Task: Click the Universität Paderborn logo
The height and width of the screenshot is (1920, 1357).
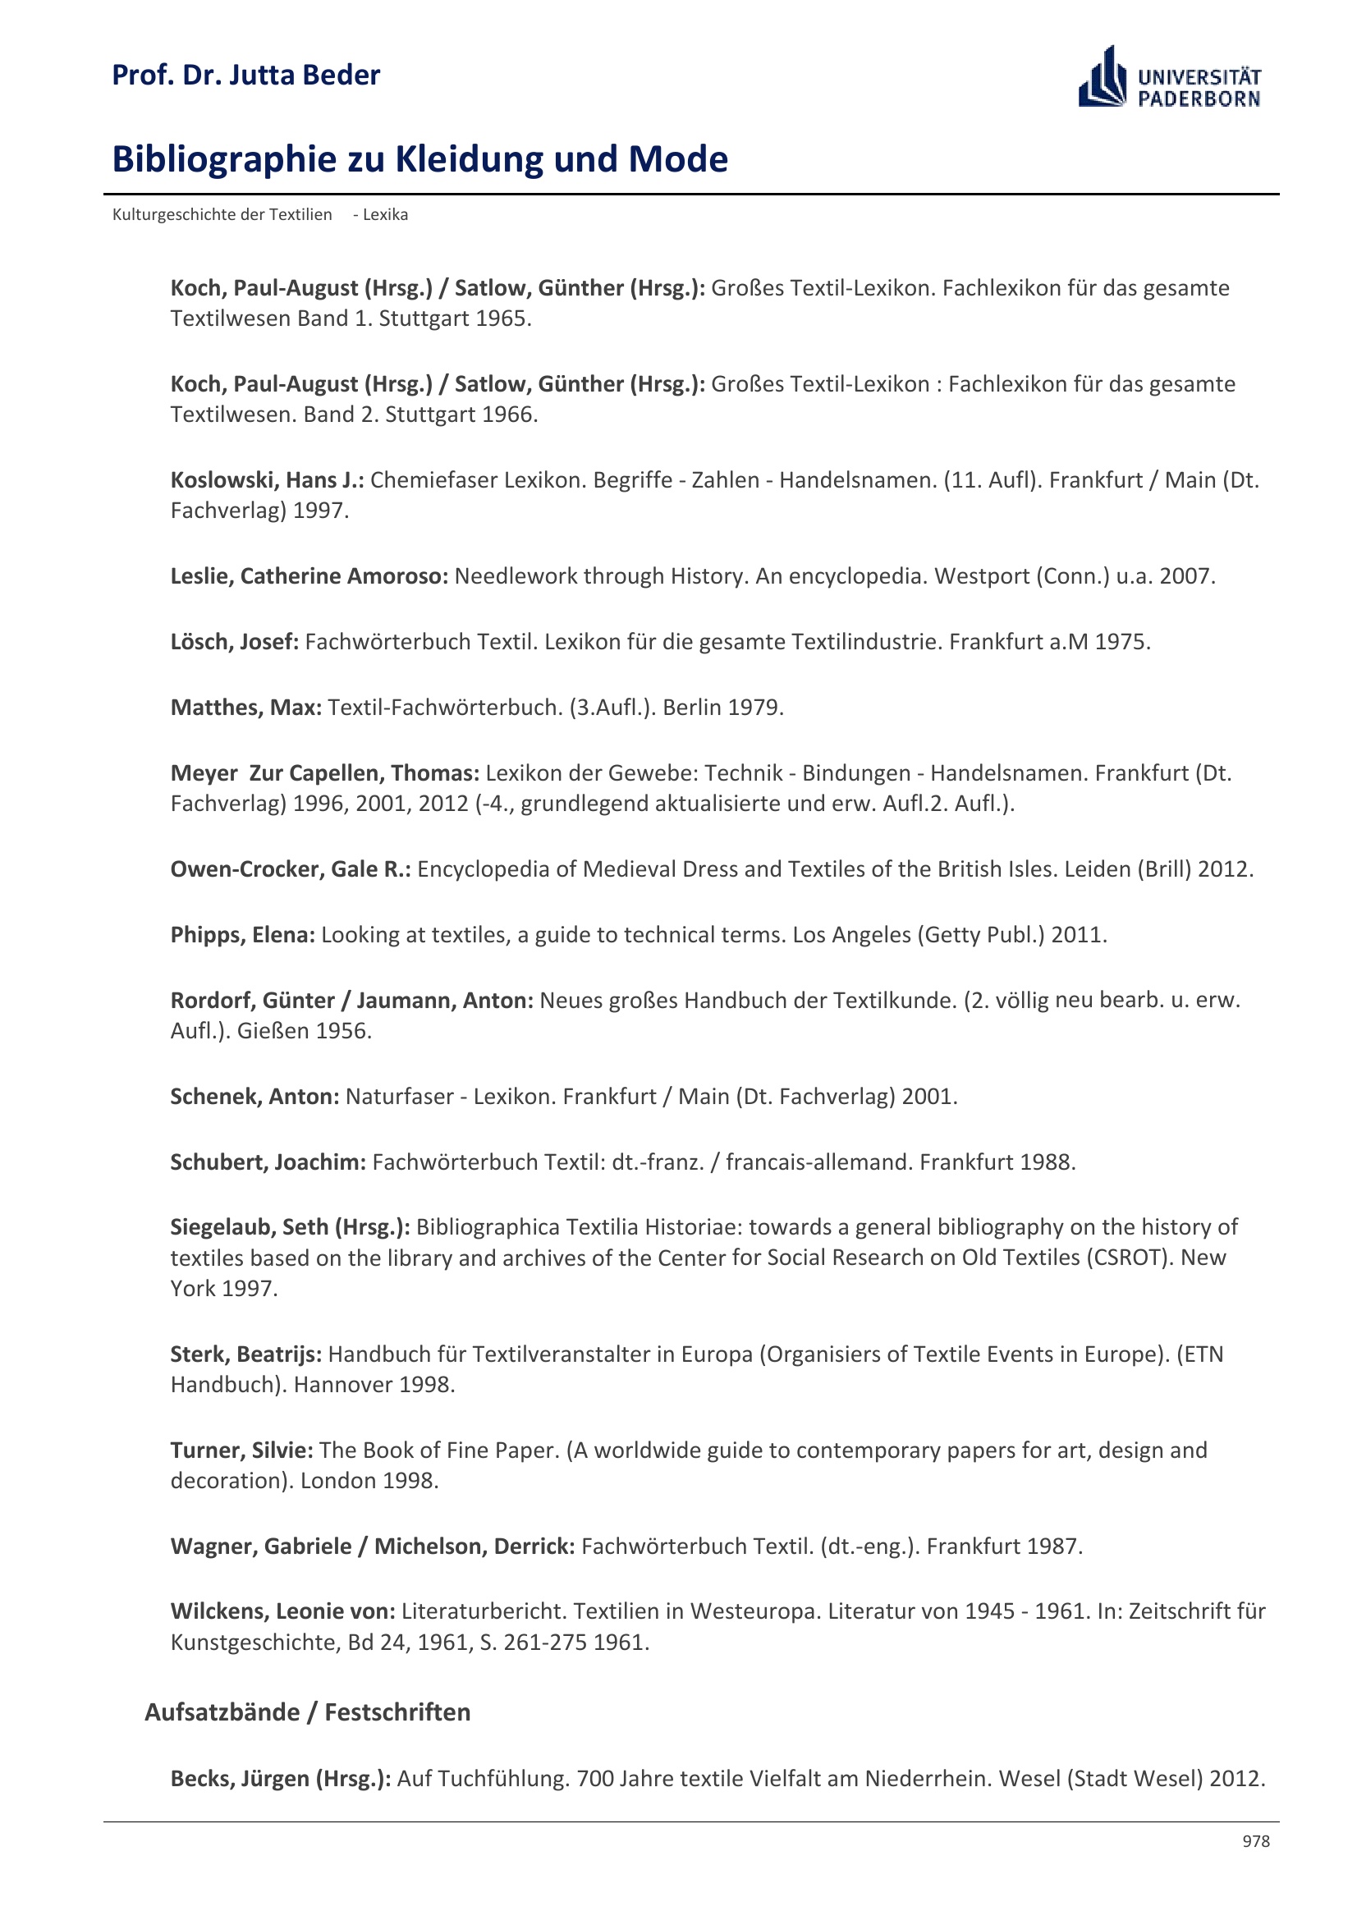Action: [1169, 78]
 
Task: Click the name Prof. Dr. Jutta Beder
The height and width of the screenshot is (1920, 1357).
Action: [245, 76]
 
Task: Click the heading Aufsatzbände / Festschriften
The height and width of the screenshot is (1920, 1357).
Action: [307, 1712]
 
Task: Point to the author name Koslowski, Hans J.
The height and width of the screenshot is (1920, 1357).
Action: [266, 480]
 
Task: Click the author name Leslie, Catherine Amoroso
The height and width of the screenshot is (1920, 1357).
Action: [309, 576]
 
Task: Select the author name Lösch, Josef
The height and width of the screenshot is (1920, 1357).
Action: [234, 641]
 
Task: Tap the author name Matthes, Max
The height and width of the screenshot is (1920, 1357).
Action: [245, 708]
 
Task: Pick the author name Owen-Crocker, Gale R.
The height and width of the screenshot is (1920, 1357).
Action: [289, 868]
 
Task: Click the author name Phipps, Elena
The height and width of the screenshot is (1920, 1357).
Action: [242, 934]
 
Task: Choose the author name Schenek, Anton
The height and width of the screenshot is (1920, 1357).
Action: [254, 1097]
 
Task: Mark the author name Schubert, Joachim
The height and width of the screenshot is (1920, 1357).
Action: [268, 1162]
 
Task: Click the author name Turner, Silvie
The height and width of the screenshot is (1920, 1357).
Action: [241, 1450]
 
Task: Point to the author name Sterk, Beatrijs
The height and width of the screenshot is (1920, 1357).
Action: [245, 1354]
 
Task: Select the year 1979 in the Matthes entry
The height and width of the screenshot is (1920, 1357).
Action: [755, 708]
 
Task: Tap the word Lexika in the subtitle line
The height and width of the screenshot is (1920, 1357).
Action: [386, 215]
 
